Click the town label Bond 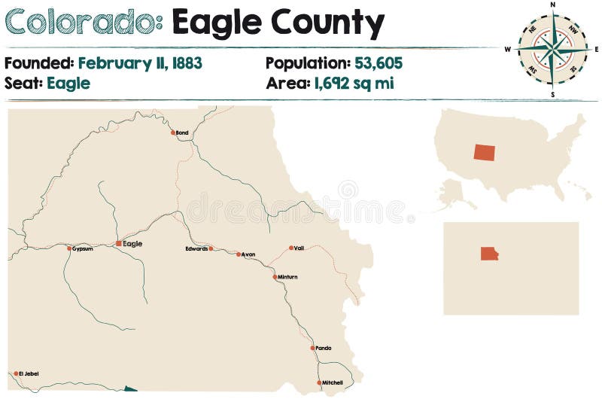182,133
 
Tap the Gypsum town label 83,248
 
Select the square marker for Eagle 118,244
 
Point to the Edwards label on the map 196,248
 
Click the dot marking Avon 239,254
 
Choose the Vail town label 299,248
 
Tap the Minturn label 288,277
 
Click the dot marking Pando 312,348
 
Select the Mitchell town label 333,382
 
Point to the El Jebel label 29,373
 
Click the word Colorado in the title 83,24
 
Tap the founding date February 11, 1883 140,63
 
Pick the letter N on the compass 553,5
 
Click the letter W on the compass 508,50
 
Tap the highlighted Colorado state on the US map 485,151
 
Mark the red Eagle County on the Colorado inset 489,254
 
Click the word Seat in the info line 23,83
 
